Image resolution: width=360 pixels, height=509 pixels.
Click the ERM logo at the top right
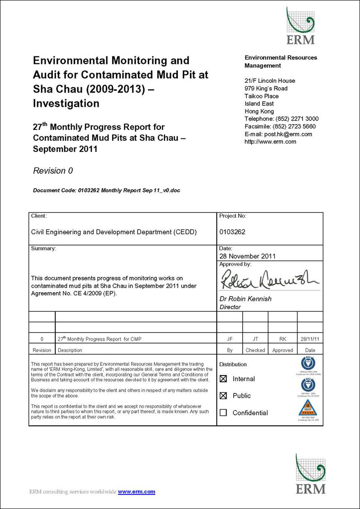(x=300, y=26)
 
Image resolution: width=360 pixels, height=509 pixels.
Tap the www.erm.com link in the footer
(x=137, y=492)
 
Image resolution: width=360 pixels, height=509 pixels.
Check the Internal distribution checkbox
(x=223, y=379)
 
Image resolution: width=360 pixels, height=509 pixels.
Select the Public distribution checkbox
(x=223, y=396)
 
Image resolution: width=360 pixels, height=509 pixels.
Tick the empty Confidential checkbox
(x=223, y=413)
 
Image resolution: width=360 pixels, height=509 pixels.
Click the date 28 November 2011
(x=247, y=256)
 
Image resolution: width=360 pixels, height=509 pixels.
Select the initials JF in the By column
(x=230, y=339)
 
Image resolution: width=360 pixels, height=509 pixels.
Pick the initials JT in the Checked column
(x=255, y=339)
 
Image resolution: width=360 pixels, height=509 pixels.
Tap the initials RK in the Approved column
(x=282, y=339)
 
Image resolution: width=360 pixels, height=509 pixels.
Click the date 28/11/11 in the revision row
(x=310, y=339)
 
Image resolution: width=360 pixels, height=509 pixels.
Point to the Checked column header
(x=255, y=350)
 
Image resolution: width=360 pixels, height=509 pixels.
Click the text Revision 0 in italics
(x=53, y=171)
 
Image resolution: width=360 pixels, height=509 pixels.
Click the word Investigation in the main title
(x=66, y=103)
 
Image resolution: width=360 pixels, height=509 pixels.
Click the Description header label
(x=70, y=350)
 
